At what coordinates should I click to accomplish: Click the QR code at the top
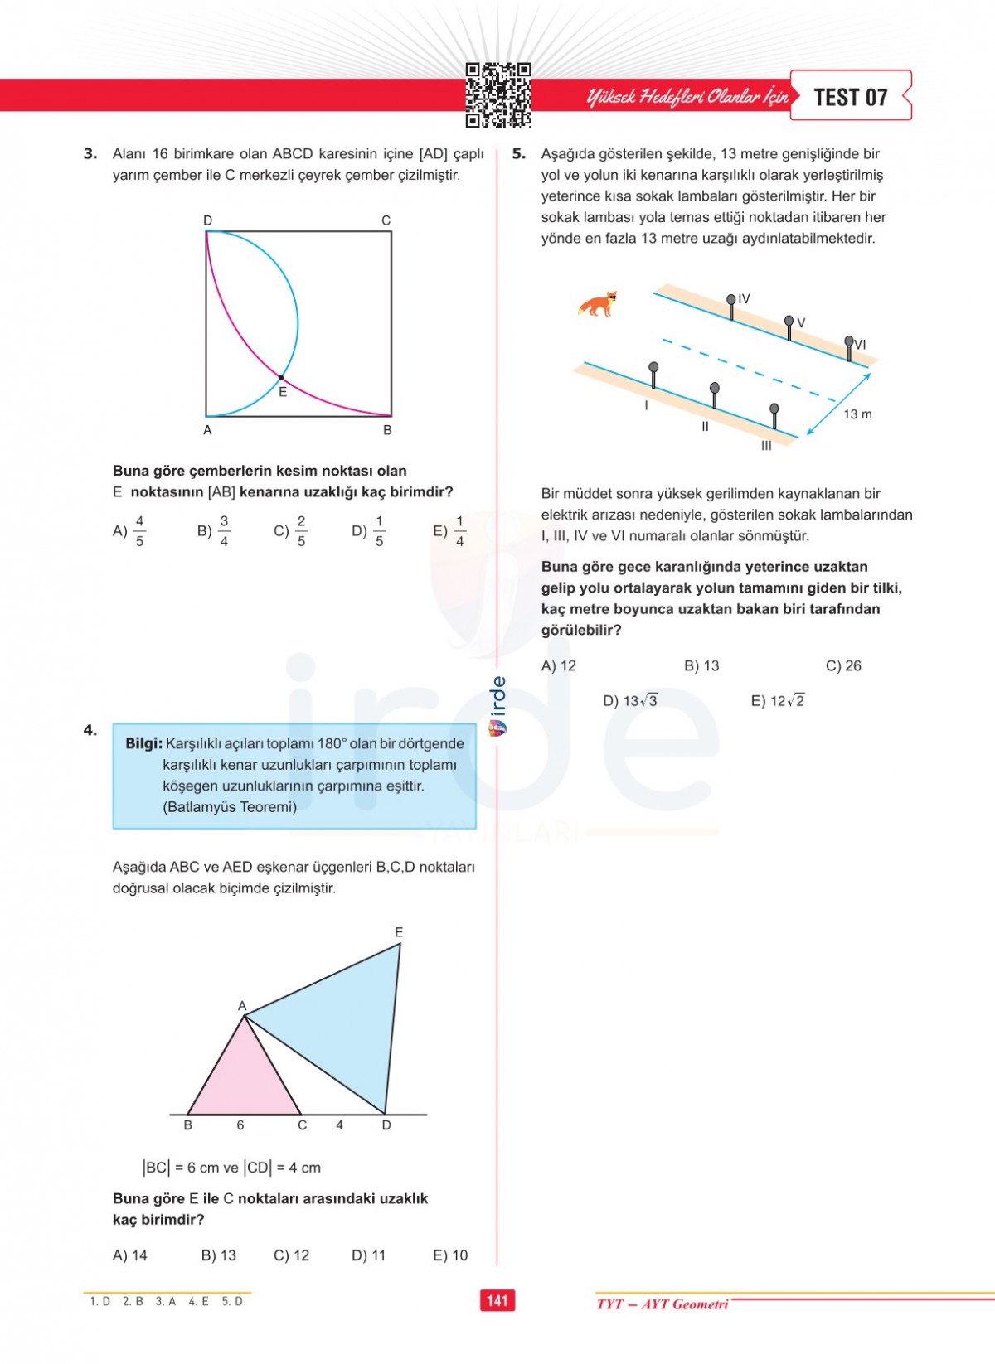(x=498, y=95)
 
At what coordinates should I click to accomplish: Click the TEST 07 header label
(x=851, y=97)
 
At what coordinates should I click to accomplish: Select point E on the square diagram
(x=281, y=378)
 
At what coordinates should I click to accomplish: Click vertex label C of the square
(x=386, y=220)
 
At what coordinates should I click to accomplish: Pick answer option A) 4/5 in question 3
(x=129, y=530)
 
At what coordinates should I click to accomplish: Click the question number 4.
(x=90, y=730)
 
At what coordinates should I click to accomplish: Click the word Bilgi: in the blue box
(x=143, y=743)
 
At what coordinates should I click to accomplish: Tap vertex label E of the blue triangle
(x=399, y=932)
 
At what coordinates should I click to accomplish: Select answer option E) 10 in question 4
(x=450, y=1255)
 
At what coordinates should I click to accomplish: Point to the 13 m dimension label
(x=857, y=414)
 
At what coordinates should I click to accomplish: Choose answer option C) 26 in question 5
(x=843, y=665)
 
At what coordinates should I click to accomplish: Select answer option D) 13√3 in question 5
(x=629, y=701)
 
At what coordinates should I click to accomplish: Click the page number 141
(x=498, y=1300)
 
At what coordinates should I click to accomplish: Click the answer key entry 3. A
(x=166, y=1302)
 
